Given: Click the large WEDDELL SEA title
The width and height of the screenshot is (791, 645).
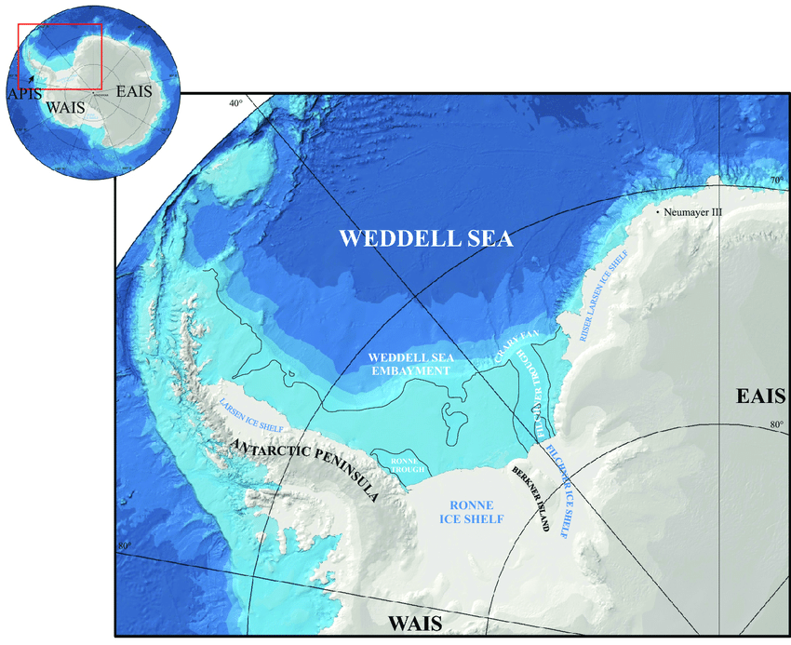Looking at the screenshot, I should tap(425, 238).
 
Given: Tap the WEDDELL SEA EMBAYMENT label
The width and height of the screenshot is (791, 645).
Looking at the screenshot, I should tap(409, 363).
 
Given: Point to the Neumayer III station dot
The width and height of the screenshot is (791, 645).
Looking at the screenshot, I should tap(658, 213).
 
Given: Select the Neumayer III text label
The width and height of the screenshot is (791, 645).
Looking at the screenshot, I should tap(693, 212).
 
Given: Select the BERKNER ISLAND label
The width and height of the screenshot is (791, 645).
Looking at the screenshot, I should tap(530, 497).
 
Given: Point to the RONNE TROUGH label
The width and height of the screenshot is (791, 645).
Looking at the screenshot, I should tap(401, 463).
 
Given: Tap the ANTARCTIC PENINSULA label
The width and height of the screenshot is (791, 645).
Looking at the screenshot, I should tap(304, 470).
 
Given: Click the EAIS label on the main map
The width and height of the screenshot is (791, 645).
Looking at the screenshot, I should tap(758, 396).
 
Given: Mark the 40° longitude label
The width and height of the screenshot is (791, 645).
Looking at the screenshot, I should tap(236, 103).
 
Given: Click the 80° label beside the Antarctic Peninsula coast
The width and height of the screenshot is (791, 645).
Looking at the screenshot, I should tap(124, 545).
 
